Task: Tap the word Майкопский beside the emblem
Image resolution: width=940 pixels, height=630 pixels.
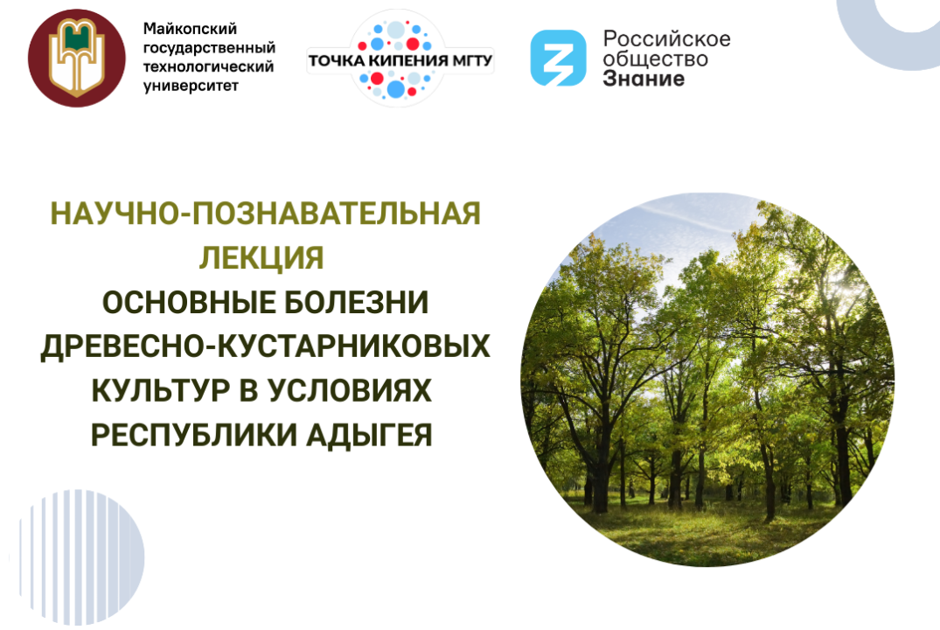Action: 190,29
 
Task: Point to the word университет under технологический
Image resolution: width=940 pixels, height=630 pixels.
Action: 191,86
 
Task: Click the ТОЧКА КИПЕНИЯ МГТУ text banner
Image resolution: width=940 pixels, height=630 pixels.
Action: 400,61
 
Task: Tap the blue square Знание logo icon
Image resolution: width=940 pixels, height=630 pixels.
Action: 558,59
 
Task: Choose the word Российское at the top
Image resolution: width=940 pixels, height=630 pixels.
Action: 666,38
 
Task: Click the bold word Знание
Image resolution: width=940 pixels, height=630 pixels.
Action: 644,79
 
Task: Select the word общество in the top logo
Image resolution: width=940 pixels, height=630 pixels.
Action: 655,59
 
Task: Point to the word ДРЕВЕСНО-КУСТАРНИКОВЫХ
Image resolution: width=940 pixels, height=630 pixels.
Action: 266,346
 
